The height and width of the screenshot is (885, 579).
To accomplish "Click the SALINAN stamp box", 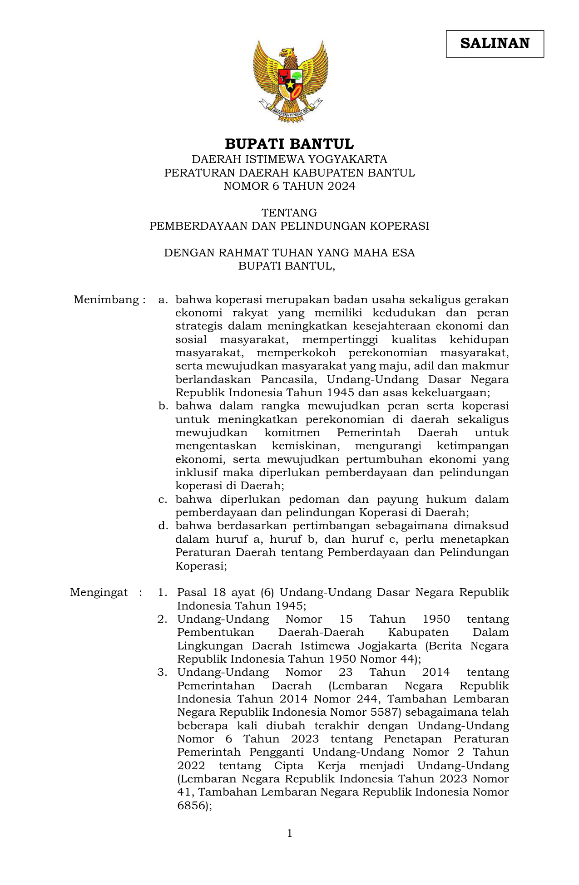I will click(495, 44).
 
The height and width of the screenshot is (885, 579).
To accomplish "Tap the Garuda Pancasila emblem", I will click(290, 81).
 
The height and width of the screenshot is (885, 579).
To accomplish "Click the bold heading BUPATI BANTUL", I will click(289, 144).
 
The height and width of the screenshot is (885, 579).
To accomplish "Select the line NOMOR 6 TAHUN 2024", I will click(289, 186).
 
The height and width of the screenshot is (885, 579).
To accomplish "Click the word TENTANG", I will click(289, 212).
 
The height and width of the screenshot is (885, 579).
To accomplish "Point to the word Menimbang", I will click(106, 300).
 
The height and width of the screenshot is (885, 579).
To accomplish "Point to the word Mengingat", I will click(99, 592).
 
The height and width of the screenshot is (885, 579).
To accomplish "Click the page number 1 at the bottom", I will click(290, 833).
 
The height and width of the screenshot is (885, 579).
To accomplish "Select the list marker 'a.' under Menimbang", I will click(163, 300).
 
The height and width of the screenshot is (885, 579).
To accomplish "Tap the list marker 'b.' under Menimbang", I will click(163, 406).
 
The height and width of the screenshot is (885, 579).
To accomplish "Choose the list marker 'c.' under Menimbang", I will click(163, 499).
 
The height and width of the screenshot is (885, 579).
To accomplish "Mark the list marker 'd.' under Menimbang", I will click(163, 526).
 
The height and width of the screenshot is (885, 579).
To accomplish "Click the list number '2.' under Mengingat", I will click(163, 619).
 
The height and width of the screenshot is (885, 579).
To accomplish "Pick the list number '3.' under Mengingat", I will click(163, 672).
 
